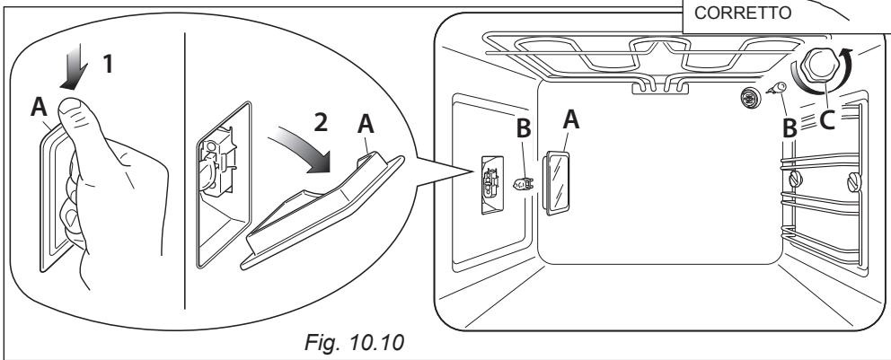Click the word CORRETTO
point(743,13)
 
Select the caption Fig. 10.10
point(355,342)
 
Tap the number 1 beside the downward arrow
point(108,64)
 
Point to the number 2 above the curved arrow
point(321,122)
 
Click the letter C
point(827,119)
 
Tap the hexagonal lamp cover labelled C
point(817,66)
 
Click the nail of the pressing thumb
point(72,108)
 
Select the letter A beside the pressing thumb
point(39,106)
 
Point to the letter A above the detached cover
point(366,123)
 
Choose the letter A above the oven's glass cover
point(570,119)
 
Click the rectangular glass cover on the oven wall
point(556,183)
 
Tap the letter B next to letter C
point(789,129)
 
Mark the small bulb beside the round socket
point(775,88)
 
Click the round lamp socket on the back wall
point(751,98)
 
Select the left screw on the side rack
point(795,180)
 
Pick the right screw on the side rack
point(854,181)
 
